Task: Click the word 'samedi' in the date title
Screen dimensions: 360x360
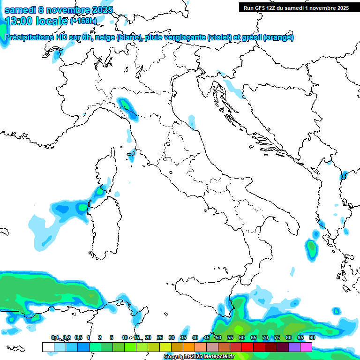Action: [20, 10]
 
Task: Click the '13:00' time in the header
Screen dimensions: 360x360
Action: [17, 21]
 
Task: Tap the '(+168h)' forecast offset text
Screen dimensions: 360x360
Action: [83, 21]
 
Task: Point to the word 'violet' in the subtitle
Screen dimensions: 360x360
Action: [218, 37]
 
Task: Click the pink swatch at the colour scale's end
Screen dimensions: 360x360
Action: [306, 347]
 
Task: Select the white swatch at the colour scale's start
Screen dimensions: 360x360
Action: [48, 347]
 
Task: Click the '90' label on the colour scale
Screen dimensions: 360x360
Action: [312, 337]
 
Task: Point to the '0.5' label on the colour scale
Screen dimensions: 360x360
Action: [78, 337]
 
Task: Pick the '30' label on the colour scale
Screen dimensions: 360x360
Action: [172, 337]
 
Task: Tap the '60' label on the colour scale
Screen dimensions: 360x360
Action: [242, 337]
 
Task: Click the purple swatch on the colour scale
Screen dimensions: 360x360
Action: [294, 347]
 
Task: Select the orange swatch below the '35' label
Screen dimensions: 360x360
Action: [189, 347]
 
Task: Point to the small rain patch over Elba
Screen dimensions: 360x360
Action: [132, 154]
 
